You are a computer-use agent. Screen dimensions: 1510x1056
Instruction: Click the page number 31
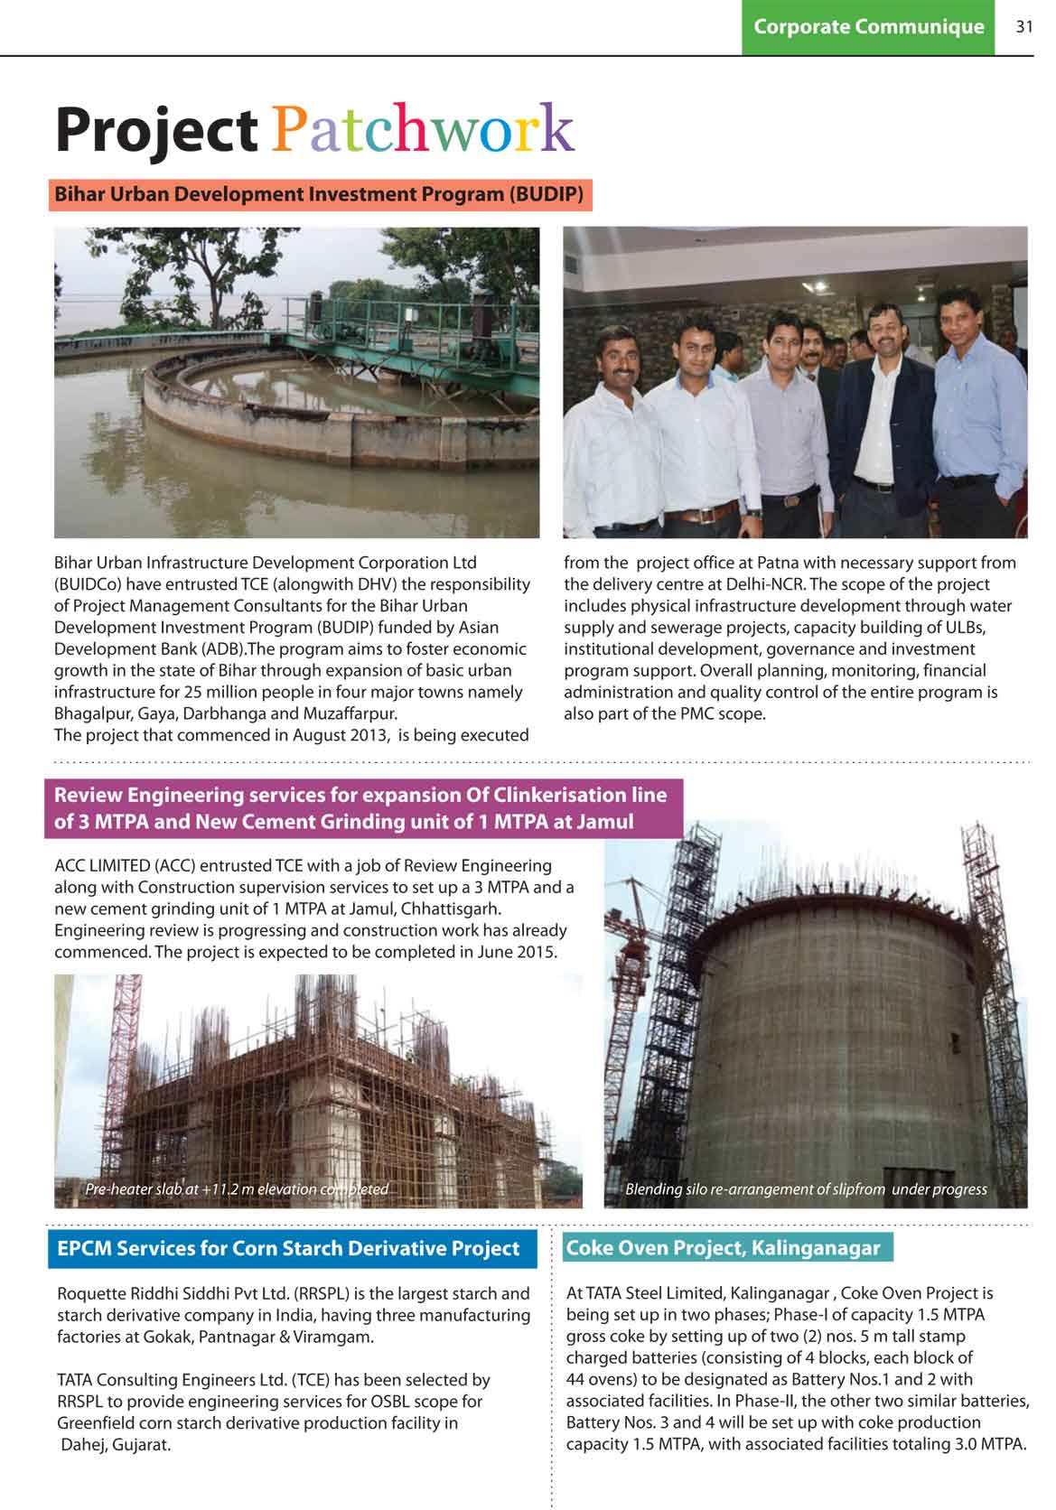point(1023,27)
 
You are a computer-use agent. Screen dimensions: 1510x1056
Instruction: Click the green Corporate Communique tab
point(868,27)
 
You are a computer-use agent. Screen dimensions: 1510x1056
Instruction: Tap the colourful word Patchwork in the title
point(423,130)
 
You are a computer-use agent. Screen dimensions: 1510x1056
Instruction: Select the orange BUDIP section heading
point(320,194)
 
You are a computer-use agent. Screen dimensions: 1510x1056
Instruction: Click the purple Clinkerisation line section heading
point(361,808)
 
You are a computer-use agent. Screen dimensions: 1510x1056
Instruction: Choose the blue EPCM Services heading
point(288,1248)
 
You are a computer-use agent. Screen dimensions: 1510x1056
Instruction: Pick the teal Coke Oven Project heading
point(723,1247)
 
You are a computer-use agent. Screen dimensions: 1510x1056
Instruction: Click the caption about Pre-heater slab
point(237,1189)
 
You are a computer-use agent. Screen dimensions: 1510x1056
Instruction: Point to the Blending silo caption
point(806,1189)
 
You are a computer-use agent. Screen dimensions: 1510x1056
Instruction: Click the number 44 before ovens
point(575,1379)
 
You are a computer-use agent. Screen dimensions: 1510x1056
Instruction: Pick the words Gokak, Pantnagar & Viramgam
point(258,1337)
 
